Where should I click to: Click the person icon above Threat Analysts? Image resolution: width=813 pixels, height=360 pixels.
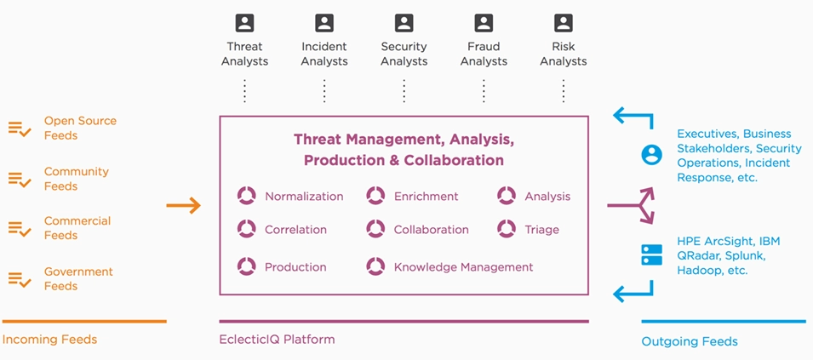(x=244, y=23)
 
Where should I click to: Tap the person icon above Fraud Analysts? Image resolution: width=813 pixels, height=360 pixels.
(x=484, y=23)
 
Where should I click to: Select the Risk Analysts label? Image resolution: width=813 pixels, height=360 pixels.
(x=563, y=54)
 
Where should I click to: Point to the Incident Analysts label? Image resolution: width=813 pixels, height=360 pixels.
(x=324, y=54)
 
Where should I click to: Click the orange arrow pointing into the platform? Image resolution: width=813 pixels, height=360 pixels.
(x=183, y=206)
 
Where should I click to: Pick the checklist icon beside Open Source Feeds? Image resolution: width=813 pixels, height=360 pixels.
(x=20, y=129)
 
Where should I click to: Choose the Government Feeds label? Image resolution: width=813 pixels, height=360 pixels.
(x=78, y=278)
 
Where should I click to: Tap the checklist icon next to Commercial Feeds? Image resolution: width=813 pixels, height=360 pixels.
(x=20, y=228)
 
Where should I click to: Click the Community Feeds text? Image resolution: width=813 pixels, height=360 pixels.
(x=77, y=179)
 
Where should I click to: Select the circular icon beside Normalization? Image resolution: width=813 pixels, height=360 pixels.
(x=247, y=196)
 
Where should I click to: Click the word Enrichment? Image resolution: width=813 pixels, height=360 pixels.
(x=427, y=197)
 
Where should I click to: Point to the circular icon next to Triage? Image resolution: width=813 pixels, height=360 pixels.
(x=506, y=228)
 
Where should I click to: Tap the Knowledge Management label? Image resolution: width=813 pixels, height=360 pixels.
(x=463, y=267)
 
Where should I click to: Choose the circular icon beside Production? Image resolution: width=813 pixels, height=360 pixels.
(x=247, y=266)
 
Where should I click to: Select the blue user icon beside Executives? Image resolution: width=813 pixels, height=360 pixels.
(x=652, y=155)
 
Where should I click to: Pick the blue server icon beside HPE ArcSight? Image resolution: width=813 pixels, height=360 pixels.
(x=652, y=255)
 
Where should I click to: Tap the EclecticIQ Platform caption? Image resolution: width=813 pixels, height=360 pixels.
(x=277, y=340)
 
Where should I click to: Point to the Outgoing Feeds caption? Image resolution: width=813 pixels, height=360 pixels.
(x=690, y=341)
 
